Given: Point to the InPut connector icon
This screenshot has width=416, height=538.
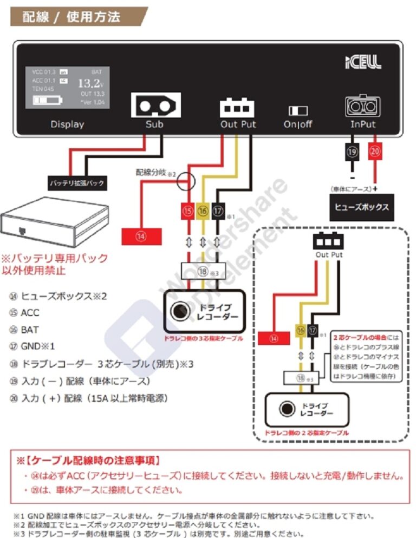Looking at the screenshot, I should pyautogui.click(x=362, y=107).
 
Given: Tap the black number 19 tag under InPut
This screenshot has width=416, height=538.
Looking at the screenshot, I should pyautogui.click(x=352, y=152).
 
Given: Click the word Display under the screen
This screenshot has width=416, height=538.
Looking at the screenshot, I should pyautogui.click(x=67, y=124).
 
